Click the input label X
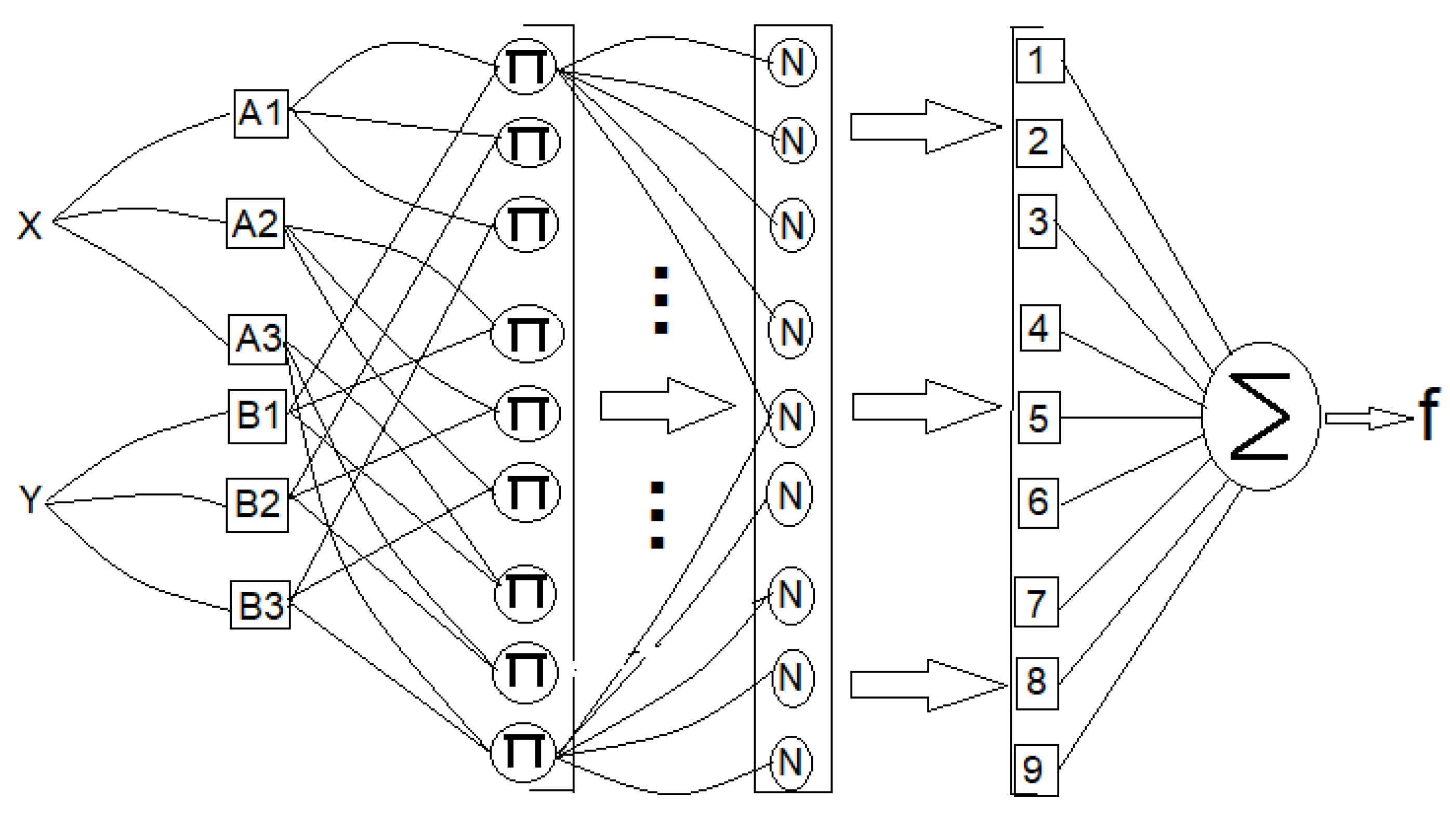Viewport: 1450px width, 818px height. [x=29, y=225]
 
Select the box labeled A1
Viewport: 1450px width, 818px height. [x=260, y=113]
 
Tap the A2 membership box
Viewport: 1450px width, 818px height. [x=255, y=223]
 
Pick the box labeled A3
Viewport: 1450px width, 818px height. [x=257, y=339]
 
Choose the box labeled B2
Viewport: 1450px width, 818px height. [x=257, y=505]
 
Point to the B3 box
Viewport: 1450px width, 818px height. [x=260, y=606]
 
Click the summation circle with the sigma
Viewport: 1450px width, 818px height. [x=1261, y=417]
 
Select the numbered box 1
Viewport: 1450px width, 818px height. [x=1039, y=61]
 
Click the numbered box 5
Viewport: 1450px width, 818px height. [x=1039, y=418]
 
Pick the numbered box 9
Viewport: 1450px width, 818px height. [x=1036, y=770]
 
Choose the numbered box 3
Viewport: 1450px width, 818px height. [x=1037, y=221]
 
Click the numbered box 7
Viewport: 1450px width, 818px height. [x=1036, y=602]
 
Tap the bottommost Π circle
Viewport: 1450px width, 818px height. [x=523, y=752]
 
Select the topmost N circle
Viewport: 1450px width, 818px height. [x=792, y=62]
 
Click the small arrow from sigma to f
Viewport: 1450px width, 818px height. [x=1368, y=419]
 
